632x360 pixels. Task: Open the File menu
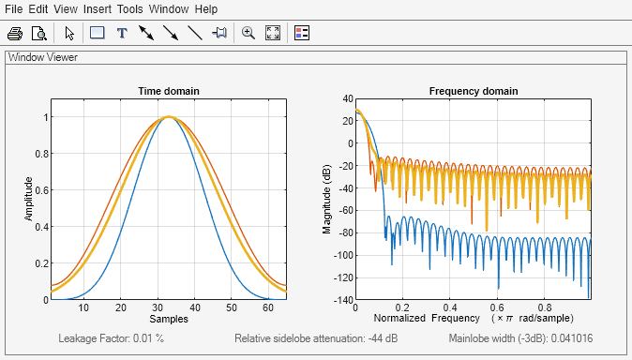pyautogui.click(x=14, y=8)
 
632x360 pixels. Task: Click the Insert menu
pyautogui.click(x=97, y=8)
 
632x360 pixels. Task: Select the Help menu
pyautogui.click(x=205, y=8)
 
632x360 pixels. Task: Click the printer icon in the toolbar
pyautogui.click(x=15, y=33)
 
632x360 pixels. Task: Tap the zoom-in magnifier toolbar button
pyautogui.click(x=248, y=33)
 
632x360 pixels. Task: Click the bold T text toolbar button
pyautogui.click(x=121, y=33)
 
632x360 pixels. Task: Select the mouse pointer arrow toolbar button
pyautogui.click(x=69, y=33)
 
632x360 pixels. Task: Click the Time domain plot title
pyautogui.click(x=169, y=91)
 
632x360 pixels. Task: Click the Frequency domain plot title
pyautogui.click(x=473, y=91)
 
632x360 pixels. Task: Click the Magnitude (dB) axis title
pyautogui.click(x=326, y=198)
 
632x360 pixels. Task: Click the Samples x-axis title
pyautogui.click(x=169, y=320)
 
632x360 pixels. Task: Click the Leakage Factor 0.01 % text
pyautogui.click(x=112, y=337)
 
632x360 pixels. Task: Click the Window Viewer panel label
pyautogui.click(x=43, y=57)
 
